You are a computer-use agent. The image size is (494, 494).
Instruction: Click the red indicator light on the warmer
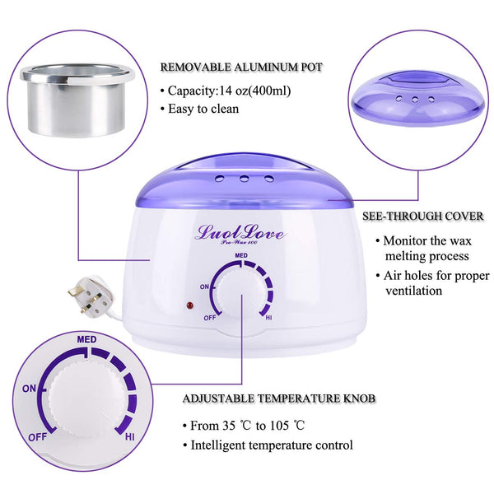[x=189, y=305]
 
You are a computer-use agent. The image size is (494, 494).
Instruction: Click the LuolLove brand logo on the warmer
[x=240, y=233]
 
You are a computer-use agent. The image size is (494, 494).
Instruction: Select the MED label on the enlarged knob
[x=86, y=339]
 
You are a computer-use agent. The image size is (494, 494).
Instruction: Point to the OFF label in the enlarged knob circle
[x=38, y=437]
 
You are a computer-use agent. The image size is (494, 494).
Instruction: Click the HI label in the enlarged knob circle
[x=130, y=437]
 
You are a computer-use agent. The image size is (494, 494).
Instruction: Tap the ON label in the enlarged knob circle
[x=29, y=389]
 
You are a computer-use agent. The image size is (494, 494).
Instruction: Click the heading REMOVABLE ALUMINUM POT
[x=241, y=68]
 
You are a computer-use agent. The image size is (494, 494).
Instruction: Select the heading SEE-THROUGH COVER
[x=423, y=216]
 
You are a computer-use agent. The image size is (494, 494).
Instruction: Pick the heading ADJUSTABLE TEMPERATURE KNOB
[x=279, y=398]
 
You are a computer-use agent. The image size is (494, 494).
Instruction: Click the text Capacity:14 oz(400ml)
[x=230, y=91]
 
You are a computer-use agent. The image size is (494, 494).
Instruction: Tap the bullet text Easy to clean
[x=203, y=109]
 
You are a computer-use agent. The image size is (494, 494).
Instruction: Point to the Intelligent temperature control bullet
[x=272, y=445]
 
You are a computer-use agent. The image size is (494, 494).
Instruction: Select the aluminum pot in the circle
[x=77, y=100]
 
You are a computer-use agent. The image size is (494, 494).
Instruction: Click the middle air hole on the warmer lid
[x=244, y=179]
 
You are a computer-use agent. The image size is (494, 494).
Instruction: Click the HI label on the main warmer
[x=268, y=318]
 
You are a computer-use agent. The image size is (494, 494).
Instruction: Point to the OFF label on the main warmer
[x=210, y=318]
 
